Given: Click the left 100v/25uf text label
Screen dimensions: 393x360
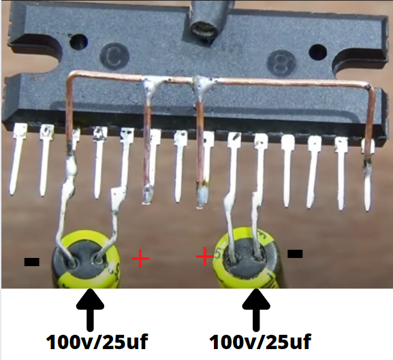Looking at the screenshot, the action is (97, 342).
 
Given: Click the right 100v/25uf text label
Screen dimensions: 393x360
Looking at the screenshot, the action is (260, 342).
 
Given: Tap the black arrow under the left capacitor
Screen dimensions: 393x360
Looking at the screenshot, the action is (90, 310).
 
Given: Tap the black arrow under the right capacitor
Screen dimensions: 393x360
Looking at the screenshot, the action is (256, 310).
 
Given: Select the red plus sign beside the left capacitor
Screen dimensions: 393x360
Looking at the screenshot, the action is (140, 259).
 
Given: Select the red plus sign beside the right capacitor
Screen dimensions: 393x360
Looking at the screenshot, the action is (205, 257).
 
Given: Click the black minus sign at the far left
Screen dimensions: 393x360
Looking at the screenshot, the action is (32, 261).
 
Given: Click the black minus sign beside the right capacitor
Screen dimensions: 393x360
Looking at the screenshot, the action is (295, 254).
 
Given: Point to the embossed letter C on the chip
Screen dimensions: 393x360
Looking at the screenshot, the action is (114, 57).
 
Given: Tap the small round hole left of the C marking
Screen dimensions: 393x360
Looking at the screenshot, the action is (79, 42).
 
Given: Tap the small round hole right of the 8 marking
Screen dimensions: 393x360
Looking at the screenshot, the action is (318, 53).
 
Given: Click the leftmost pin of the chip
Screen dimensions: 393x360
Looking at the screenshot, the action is (18, 159).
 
